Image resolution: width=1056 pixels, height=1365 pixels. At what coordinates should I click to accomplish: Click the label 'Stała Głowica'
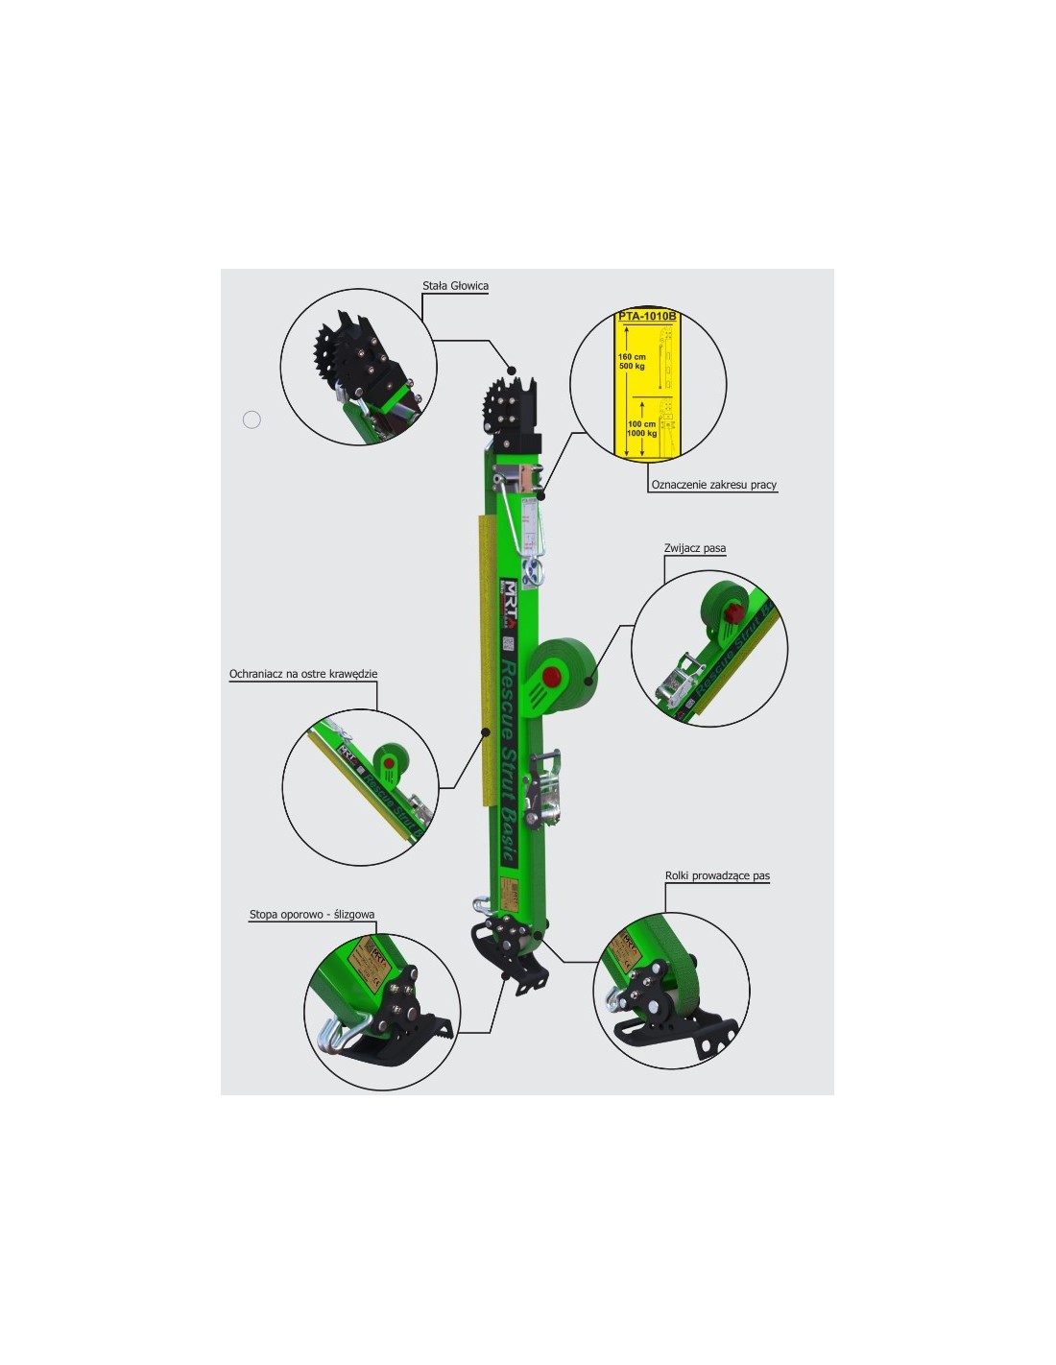point(455,286)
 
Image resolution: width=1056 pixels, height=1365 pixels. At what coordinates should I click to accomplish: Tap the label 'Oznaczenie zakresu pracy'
point(713,485)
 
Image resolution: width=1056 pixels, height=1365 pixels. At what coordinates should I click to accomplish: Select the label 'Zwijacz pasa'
point(694,549)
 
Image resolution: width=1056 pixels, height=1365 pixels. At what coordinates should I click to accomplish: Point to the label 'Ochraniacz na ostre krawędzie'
point(303,675)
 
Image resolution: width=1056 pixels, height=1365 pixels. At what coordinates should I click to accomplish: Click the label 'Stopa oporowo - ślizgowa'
point(312,915)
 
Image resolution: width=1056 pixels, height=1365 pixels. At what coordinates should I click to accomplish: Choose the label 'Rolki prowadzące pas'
point(717,876)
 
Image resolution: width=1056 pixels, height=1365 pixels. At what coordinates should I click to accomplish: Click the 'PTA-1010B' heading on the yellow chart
point(646,317)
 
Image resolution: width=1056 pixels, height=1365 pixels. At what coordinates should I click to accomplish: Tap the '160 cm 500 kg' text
point(632,362)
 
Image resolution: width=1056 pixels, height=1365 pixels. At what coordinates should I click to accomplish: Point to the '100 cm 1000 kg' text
point(641,429)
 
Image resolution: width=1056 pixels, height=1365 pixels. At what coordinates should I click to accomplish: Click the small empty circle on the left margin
point(252,419)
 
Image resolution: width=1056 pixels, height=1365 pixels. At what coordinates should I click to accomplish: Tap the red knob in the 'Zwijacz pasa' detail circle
point(734,613)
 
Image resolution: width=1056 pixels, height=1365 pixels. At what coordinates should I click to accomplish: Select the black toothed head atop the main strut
point(514,408)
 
